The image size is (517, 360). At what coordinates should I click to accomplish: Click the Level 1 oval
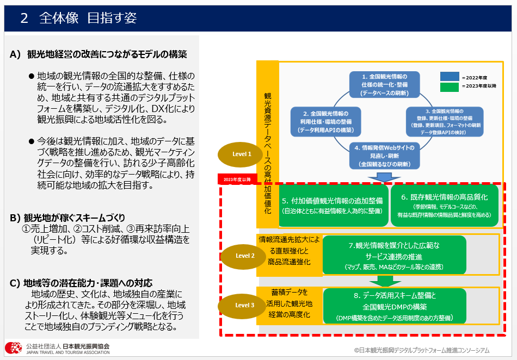tap(242, 154)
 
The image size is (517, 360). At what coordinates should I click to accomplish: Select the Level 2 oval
tap(245, 256)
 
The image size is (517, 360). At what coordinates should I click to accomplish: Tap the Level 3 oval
tap(245, 305)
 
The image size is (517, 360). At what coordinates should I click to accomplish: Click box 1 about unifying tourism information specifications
tap(384, 84)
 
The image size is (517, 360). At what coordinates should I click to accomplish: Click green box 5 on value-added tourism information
tap(333, 204)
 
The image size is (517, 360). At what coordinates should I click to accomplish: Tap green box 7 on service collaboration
tap(394, 255)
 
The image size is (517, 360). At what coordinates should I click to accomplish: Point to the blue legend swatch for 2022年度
tap(450, 77)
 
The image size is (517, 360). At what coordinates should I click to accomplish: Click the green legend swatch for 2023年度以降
tap(450, 86)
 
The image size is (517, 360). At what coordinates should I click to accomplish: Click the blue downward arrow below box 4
tap(385, 177)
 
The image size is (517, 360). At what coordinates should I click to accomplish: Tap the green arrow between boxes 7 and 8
tap(385, 281)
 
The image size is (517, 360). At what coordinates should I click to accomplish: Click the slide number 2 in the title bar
tap(24, 18)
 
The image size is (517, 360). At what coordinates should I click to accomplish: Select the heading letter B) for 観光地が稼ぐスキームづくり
tap(15, 218)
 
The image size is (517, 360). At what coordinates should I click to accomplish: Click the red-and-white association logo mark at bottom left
tap(14, 348)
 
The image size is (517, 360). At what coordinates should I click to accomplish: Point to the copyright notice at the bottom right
tap(421, 351)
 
